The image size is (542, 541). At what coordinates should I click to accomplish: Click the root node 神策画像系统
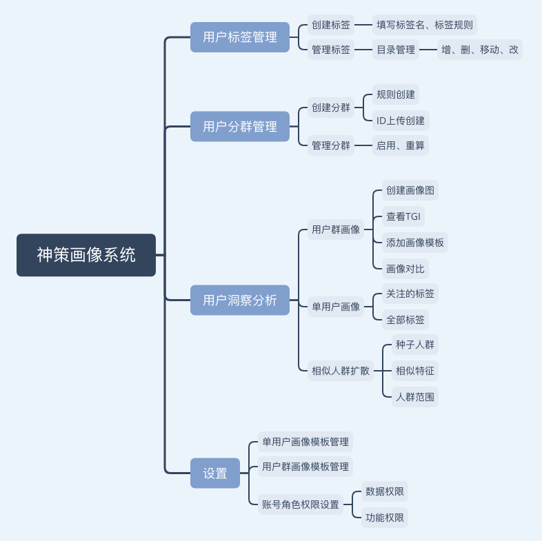click(x=86, y=255)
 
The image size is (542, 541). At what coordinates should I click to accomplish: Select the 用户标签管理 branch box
click(x=240, y=37)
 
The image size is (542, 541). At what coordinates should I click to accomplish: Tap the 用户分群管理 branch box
click(x=240, y=127)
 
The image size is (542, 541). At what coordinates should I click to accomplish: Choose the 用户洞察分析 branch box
click(x=240, y=300)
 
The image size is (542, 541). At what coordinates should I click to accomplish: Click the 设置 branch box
click(x=215, y=473)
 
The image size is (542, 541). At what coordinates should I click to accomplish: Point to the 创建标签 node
click(x=331, y=25)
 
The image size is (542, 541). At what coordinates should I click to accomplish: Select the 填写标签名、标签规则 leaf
click(x=425, y=25)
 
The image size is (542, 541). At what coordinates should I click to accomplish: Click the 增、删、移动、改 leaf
click(x=480, y=50)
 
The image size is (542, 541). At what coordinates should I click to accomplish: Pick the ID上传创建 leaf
click(x=401, y=121)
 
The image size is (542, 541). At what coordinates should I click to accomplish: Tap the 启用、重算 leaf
click(x=401, y=145)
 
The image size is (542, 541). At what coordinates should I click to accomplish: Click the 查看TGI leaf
click(x=403, y=216)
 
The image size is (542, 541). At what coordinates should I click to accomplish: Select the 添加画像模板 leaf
click(x=415, y=243)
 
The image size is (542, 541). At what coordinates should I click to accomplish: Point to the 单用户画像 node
click(x=336, y=307)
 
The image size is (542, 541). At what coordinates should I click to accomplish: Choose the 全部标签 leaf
click(x=405, y=320)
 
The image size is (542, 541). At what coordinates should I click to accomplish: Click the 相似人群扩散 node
click(x=341, y=371)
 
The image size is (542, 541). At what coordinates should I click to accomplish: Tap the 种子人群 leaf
click(x=415, y=345)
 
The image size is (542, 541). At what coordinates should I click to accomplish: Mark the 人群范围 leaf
click(x=415, y=397)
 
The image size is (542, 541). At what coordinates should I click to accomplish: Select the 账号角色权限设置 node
click(x=301, y=504)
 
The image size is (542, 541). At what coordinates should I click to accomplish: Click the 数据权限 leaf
click(x=385, y=491)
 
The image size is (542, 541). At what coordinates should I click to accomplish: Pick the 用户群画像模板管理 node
click(x=305, y=467)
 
